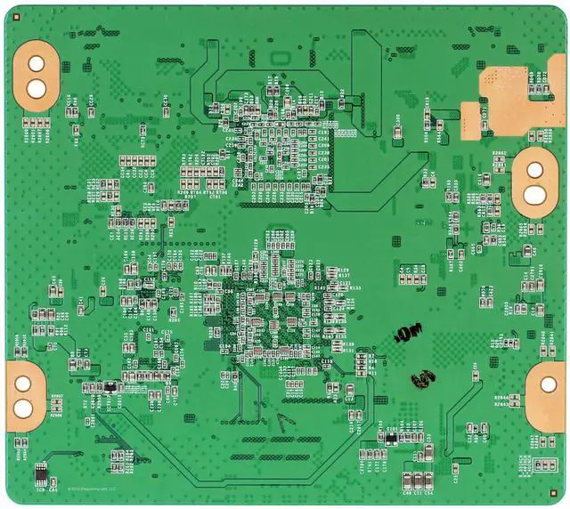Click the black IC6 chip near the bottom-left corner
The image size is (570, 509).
41,473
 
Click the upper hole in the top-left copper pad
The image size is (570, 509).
37,65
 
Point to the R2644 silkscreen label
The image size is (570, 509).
502,398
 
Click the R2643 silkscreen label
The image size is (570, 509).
502,404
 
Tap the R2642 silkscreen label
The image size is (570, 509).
500,153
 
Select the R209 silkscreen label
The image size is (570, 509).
183,192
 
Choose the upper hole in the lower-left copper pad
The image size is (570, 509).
21,384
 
